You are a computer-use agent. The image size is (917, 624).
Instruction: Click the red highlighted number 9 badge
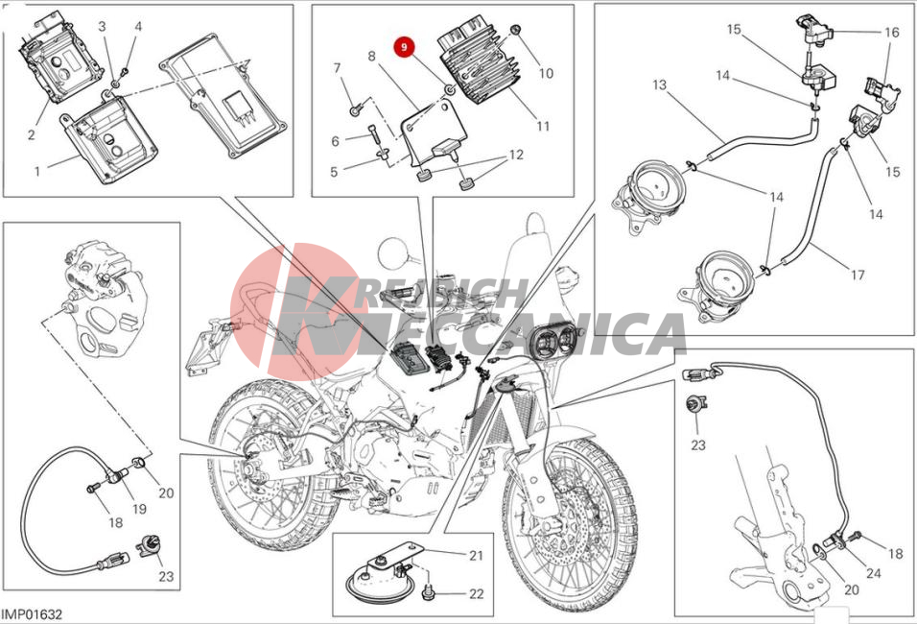pos(404,47)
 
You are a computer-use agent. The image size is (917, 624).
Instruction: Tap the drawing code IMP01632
pos(32,614)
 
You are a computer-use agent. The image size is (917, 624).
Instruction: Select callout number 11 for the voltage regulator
pos(543,126)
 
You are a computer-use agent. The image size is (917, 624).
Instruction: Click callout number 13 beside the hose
pos(659,84)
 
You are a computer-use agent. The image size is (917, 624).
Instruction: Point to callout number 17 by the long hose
pos(858,275)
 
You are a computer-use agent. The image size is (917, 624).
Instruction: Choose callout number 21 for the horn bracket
pos(476,555)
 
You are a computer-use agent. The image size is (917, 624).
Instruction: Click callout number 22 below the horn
pos(477,593)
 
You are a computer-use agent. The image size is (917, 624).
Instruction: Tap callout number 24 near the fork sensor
pos(873,572)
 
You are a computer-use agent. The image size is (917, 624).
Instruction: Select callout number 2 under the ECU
pos(31,134)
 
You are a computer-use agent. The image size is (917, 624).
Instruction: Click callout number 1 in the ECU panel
pos(37,172)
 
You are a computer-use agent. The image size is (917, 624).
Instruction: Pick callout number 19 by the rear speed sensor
pos(138,509)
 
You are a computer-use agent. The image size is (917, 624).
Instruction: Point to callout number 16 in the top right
pos(891,33)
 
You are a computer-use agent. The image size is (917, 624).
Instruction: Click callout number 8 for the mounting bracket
pos(371,57)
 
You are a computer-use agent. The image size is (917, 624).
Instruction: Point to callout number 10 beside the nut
pos(546,73)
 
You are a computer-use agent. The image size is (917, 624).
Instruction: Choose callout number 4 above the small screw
pos(138,26)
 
